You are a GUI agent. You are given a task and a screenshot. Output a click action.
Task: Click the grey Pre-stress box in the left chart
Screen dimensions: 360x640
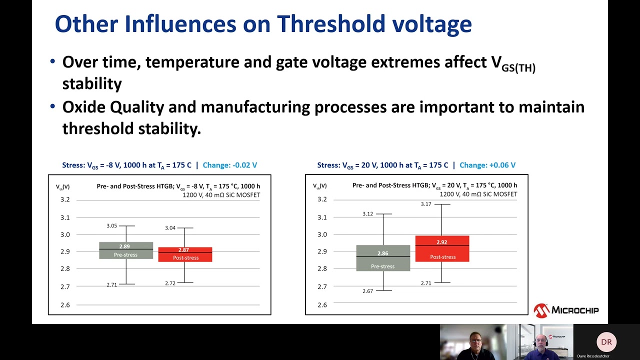pos(126,250)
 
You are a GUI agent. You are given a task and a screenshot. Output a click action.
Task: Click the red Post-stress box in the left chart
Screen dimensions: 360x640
pos(185,254)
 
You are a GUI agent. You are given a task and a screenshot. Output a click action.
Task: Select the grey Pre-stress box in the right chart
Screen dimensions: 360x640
pos(383,258)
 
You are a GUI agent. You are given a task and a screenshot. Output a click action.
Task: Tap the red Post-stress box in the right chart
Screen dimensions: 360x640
pos(442,248)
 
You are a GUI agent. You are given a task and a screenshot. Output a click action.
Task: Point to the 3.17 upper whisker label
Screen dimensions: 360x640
pos(426,204)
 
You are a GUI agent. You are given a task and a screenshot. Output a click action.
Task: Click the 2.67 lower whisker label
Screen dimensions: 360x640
pos(368,291)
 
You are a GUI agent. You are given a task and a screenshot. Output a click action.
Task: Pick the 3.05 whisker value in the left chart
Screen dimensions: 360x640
pos(111,226)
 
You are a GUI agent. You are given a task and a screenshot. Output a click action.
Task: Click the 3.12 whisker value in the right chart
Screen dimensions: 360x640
pos(367,214)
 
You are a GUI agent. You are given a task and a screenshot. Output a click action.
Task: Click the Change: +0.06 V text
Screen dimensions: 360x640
pos(487,165)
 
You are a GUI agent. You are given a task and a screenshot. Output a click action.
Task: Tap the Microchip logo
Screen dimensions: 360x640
pos(566,310)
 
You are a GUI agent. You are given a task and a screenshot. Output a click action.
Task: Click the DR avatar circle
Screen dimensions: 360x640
pos(606,342)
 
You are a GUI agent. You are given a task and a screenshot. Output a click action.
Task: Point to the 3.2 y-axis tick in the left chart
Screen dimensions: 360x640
pos(65,199)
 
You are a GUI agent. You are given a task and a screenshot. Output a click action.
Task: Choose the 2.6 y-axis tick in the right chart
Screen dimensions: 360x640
pos(322,304)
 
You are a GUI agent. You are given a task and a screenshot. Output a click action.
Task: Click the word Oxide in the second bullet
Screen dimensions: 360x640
pos(83,107)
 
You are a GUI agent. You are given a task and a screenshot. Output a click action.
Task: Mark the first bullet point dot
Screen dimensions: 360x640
pos(53,62)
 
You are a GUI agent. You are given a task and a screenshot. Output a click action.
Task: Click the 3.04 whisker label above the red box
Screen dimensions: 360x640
pos(170,228)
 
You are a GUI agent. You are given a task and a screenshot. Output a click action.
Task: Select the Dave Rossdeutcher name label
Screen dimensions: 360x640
pos(593,356)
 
